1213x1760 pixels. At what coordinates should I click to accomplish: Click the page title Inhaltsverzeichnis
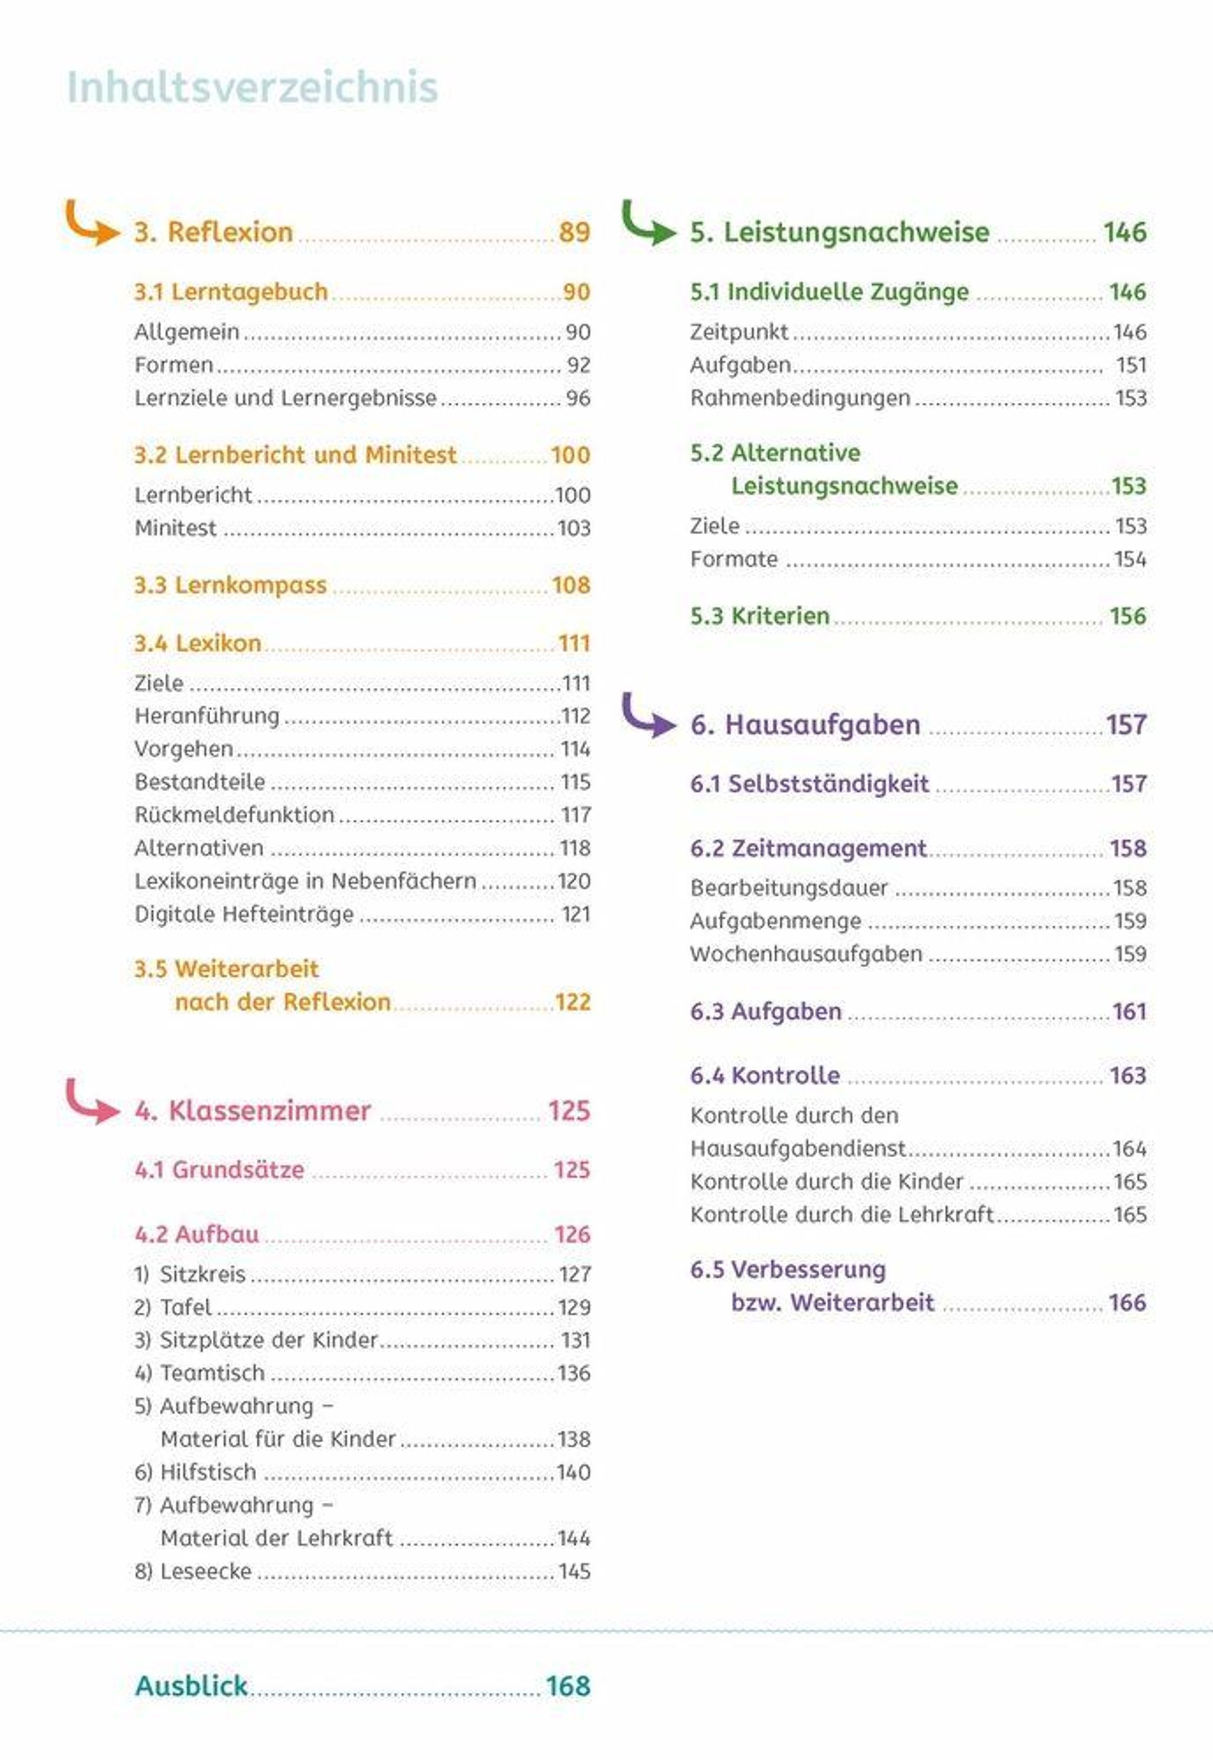(x=252, y=87)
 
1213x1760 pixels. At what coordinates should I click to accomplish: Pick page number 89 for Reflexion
(x=574, y=232)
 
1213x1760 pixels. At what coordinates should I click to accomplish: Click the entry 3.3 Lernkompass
(x=230, y=585)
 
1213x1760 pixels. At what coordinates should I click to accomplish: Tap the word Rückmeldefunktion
(x=234, y=815)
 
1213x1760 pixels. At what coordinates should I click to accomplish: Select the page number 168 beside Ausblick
(x=568, y=1686)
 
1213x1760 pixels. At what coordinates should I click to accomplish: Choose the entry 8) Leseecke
(x=193, y=1571)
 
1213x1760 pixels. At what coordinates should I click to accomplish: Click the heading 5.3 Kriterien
(x=759, y=616)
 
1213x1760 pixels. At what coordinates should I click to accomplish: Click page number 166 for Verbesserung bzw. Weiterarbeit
(x=1127, y=1303)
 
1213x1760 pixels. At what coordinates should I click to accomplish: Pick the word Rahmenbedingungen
(x=800, y=398)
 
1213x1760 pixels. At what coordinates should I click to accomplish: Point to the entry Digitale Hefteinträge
(x=244, y=914)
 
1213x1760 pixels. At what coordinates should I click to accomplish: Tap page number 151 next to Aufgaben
(x=1131, y=365)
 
